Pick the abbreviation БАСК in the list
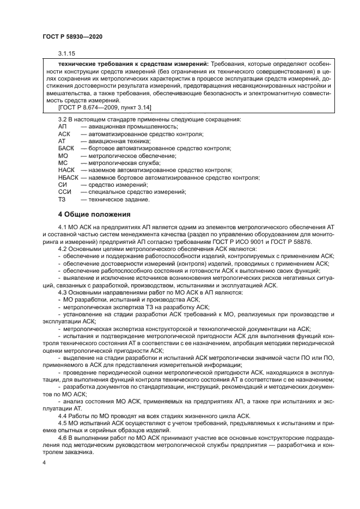[x=66, y=148]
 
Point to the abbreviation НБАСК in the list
[x=68, y=177]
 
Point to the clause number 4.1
[x=62, y=226]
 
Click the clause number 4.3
[x=62, y=292]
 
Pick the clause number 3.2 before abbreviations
[x=62, y=119]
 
